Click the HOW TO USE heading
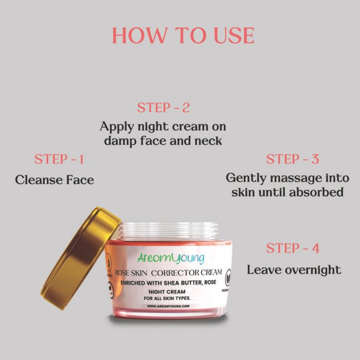point(183,35)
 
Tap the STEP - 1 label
point(59,159)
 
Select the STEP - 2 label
point(163,108)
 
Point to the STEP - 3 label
point(292,159)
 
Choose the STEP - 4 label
point(292,248)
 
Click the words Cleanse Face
point(55,180)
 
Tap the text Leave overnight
point(294,269)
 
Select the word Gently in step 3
point(246,178)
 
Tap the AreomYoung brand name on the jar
point(171,258)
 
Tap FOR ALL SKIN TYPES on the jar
point(168,298)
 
